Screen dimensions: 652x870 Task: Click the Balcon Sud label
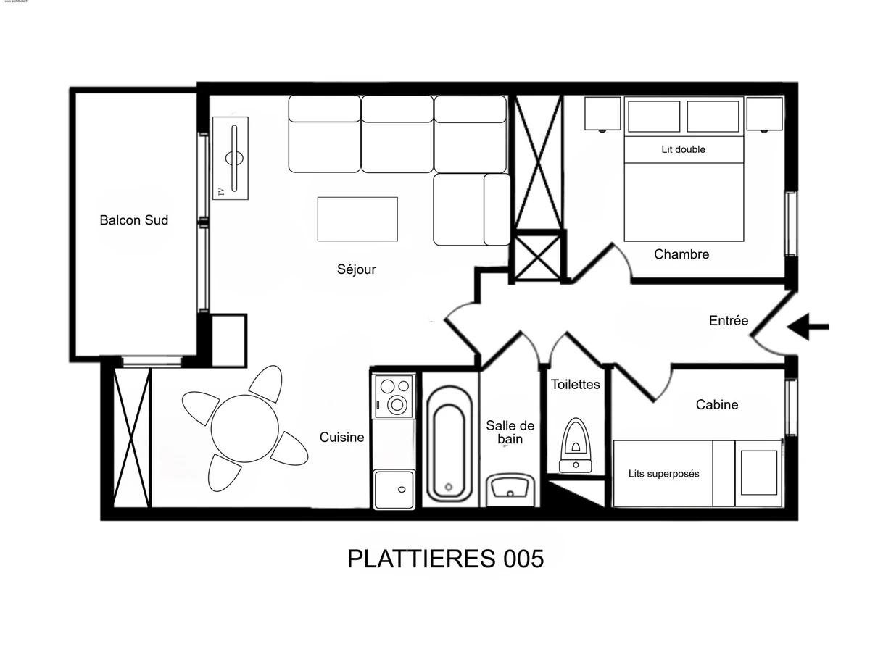click(x=133, y=220)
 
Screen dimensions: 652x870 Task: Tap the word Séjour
click(x=356, y=269)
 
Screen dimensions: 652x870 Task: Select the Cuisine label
click(x=341, y=437)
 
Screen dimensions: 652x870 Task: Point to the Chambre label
click(x=681, y=254)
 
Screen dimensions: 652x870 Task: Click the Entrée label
click(x=728, y=320)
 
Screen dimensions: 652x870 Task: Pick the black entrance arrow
click(x=808, y=327)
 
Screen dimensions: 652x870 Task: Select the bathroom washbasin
click(x=510, y=486)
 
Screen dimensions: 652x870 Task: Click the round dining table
click(x=244, y=428)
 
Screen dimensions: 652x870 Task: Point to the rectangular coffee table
click(x=357, y=219)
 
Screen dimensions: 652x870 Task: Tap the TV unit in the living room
click(x=231, y=158)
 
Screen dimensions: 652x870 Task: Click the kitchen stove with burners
click(x=394, y=396)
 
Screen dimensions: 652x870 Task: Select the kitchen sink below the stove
click(x=394, y=489)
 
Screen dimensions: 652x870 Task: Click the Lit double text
click(x=683, y=149)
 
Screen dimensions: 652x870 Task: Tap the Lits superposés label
click(x=663, y=474)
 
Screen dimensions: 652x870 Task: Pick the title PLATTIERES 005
click(x=445, y=559)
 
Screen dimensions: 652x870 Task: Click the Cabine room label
click(x=716, y=404)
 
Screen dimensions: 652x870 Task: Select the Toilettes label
click(x=575, y=384)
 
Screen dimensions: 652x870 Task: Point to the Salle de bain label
click(x=510, y=432)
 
